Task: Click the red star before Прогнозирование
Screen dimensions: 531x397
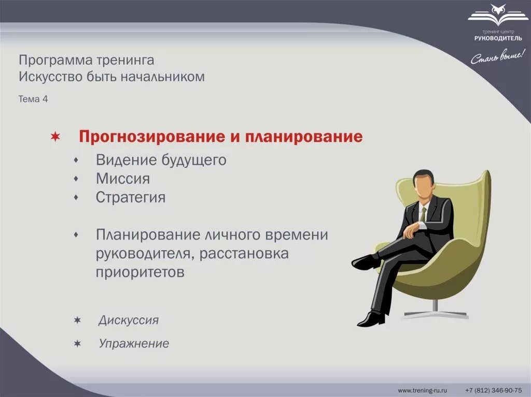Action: [x=55, y=137]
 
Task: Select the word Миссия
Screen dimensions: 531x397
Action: [x=123, y=179]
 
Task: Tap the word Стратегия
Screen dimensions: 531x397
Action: [x=130, y=198]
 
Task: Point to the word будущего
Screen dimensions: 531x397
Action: [x=194, y=160]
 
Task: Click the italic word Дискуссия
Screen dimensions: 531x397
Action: [x=129, y=320]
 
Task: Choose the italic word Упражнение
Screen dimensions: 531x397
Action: [x=134, y=344]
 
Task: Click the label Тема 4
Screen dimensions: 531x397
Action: [x=33, y=99]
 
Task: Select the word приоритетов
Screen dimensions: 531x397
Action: [x=140, y=273]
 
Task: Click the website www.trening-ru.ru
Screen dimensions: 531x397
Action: [x=422, y=390]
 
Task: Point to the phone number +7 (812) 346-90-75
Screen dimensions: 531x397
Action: [x=494, y=390]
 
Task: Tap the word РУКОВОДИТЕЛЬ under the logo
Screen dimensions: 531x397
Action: [x=498, y=38]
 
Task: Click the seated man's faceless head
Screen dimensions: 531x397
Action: [x=424, y=185]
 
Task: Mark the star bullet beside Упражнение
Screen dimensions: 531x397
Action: [x=78, y=344]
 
